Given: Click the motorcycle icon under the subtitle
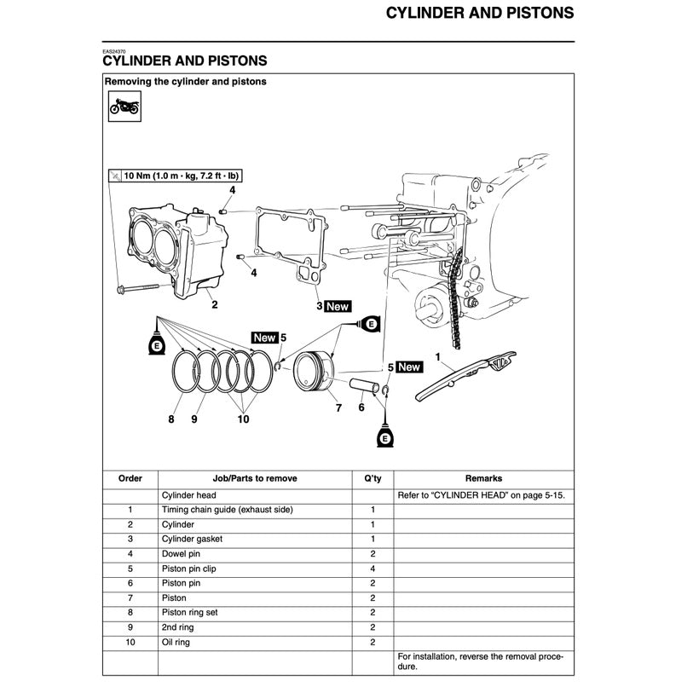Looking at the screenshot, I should coord(124,108).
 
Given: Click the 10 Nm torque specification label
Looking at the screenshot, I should coord(181,176).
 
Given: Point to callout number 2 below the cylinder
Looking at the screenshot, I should coord(214,304).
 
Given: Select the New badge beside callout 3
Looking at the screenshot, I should coord(338,306).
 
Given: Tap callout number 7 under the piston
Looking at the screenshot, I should coord(338,408).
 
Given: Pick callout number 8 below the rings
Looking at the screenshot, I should coord(171,419).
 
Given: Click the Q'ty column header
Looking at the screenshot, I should coord(372,479).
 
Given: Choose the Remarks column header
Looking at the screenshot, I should coord(483,479).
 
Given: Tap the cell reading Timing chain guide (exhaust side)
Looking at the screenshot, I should coord(227,510).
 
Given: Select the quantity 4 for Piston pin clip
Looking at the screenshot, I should coord(372,569).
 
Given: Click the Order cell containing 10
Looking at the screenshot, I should coord(130,642).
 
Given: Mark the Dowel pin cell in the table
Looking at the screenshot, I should coord(181,554).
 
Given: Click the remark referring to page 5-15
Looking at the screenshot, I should coord(482,494).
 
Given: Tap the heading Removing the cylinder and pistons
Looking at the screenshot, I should coord(185,82).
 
